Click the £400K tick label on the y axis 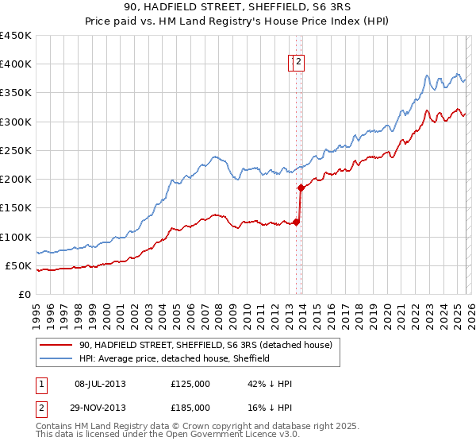[x=16, y=64]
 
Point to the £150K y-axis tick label [x=16, y=207]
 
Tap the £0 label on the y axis [x=24, y=294]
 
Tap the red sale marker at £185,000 [x=301, y=188]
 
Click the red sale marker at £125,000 [x=296, y=222]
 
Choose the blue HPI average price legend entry [x=175, y=358]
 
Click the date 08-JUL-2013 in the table [x=100, y=384]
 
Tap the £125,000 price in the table [x=190, y=384]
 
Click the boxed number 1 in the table [x=42, y=384]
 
